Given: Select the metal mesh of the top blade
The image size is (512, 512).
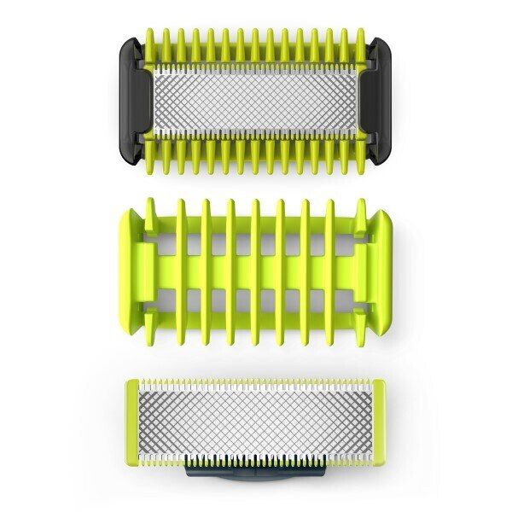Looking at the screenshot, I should (x=256, y=100).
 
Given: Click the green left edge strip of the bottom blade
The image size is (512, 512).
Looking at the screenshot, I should (x=131, y=422).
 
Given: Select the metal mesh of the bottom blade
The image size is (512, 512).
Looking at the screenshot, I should (x=256, y=422).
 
